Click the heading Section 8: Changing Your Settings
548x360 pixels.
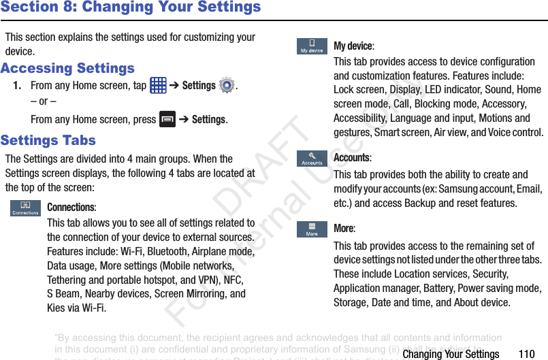tap(131, 7)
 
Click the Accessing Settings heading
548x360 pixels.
tap(67, 68)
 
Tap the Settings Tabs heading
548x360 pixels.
tap(48, 140)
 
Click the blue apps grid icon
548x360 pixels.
tap(158, 86)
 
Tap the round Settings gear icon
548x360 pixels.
tap(227, 86)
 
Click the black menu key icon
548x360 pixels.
tap(167, 119)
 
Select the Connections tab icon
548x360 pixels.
tap(25, 208)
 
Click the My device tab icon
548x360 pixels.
tap(312, 46)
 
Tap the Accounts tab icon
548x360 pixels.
tap(312, 159)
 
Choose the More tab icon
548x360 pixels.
tap(312, 229)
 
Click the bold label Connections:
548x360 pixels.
tap(71, 207)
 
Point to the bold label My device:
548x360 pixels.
tap(353, 46)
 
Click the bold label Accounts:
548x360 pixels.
tap(352, 158)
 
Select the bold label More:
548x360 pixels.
tap(344, 229)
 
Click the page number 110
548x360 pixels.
tap(526, 354)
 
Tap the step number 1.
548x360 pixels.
tap(16, 86)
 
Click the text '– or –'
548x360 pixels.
tap(44, 101)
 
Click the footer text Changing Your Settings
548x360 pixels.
tap(451, 354)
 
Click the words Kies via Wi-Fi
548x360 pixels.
tap(76, 308)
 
